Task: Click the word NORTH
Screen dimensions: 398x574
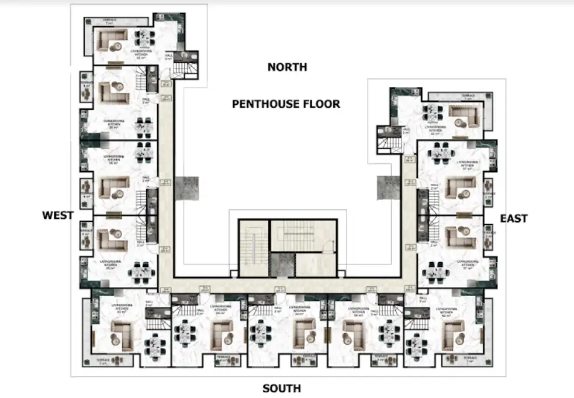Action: (x=287, y=67)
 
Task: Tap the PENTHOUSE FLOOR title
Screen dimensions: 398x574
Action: (x=286, y=104)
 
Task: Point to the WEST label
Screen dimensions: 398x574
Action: (x=58, y=215)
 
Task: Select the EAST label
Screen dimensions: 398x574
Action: (x=514, y=218)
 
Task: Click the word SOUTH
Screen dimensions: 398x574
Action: (x=281, y=388)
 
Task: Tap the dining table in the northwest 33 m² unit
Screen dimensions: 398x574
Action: (x=144, y=39)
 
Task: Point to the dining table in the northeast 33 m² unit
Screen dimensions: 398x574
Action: (x=433, y=112)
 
